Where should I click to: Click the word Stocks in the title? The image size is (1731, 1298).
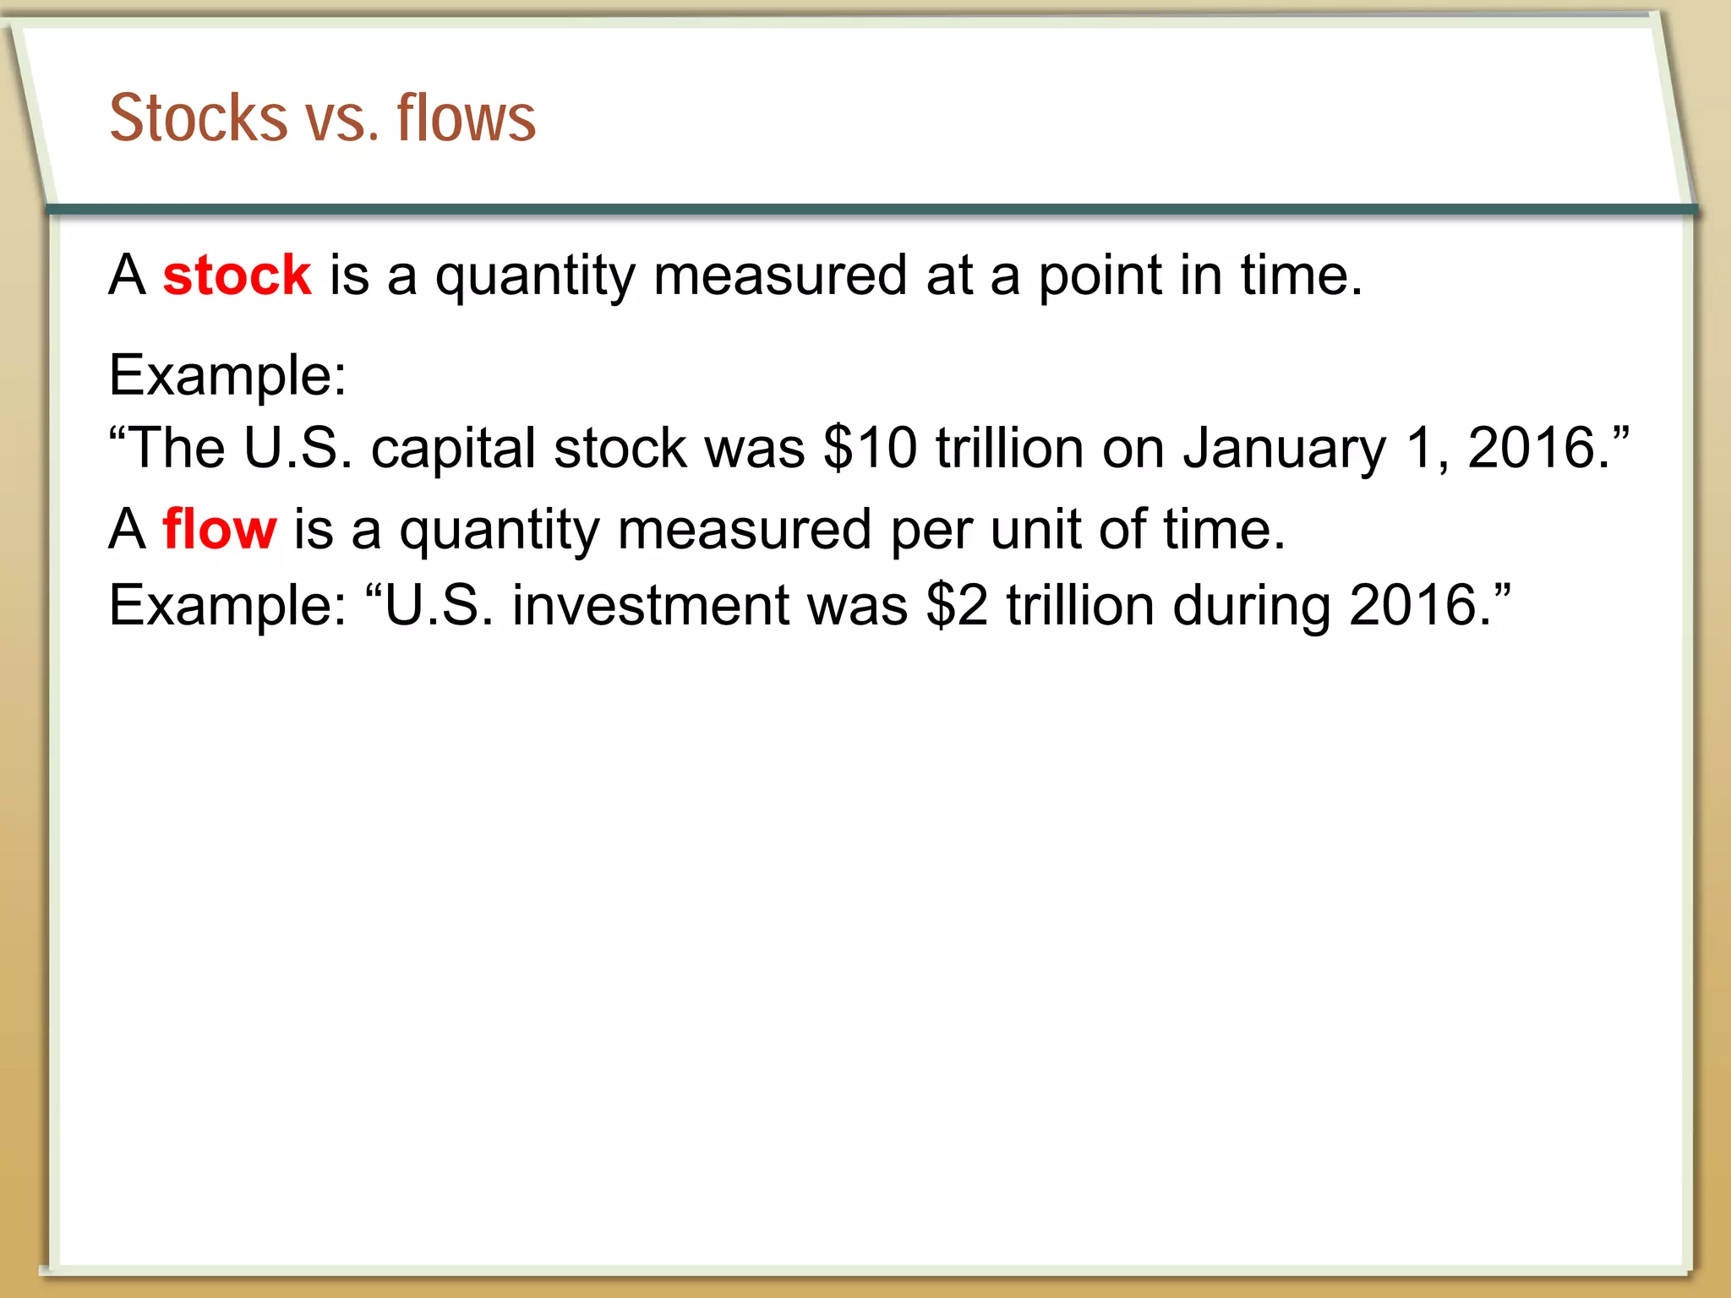[x=199, y=117]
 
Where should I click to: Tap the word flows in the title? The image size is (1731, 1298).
[x=466, y=117]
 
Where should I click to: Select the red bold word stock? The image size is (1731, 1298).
[x=237, y=275]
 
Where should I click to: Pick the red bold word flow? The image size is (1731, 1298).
[x=219, y=530]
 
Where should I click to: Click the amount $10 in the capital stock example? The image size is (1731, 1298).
[x=870, y=448]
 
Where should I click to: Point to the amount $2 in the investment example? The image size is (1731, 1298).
[x=957, y=606]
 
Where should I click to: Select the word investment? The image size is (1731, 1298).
[x=650, y=606]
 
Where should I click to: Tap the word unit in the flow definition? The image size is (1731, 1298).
[x=1035, y=530]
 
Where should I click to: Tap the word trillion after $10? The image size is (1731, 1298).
[x=1009, y=448]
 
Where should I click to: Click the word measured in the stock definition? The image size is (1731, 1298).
[x=780, y=275]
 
